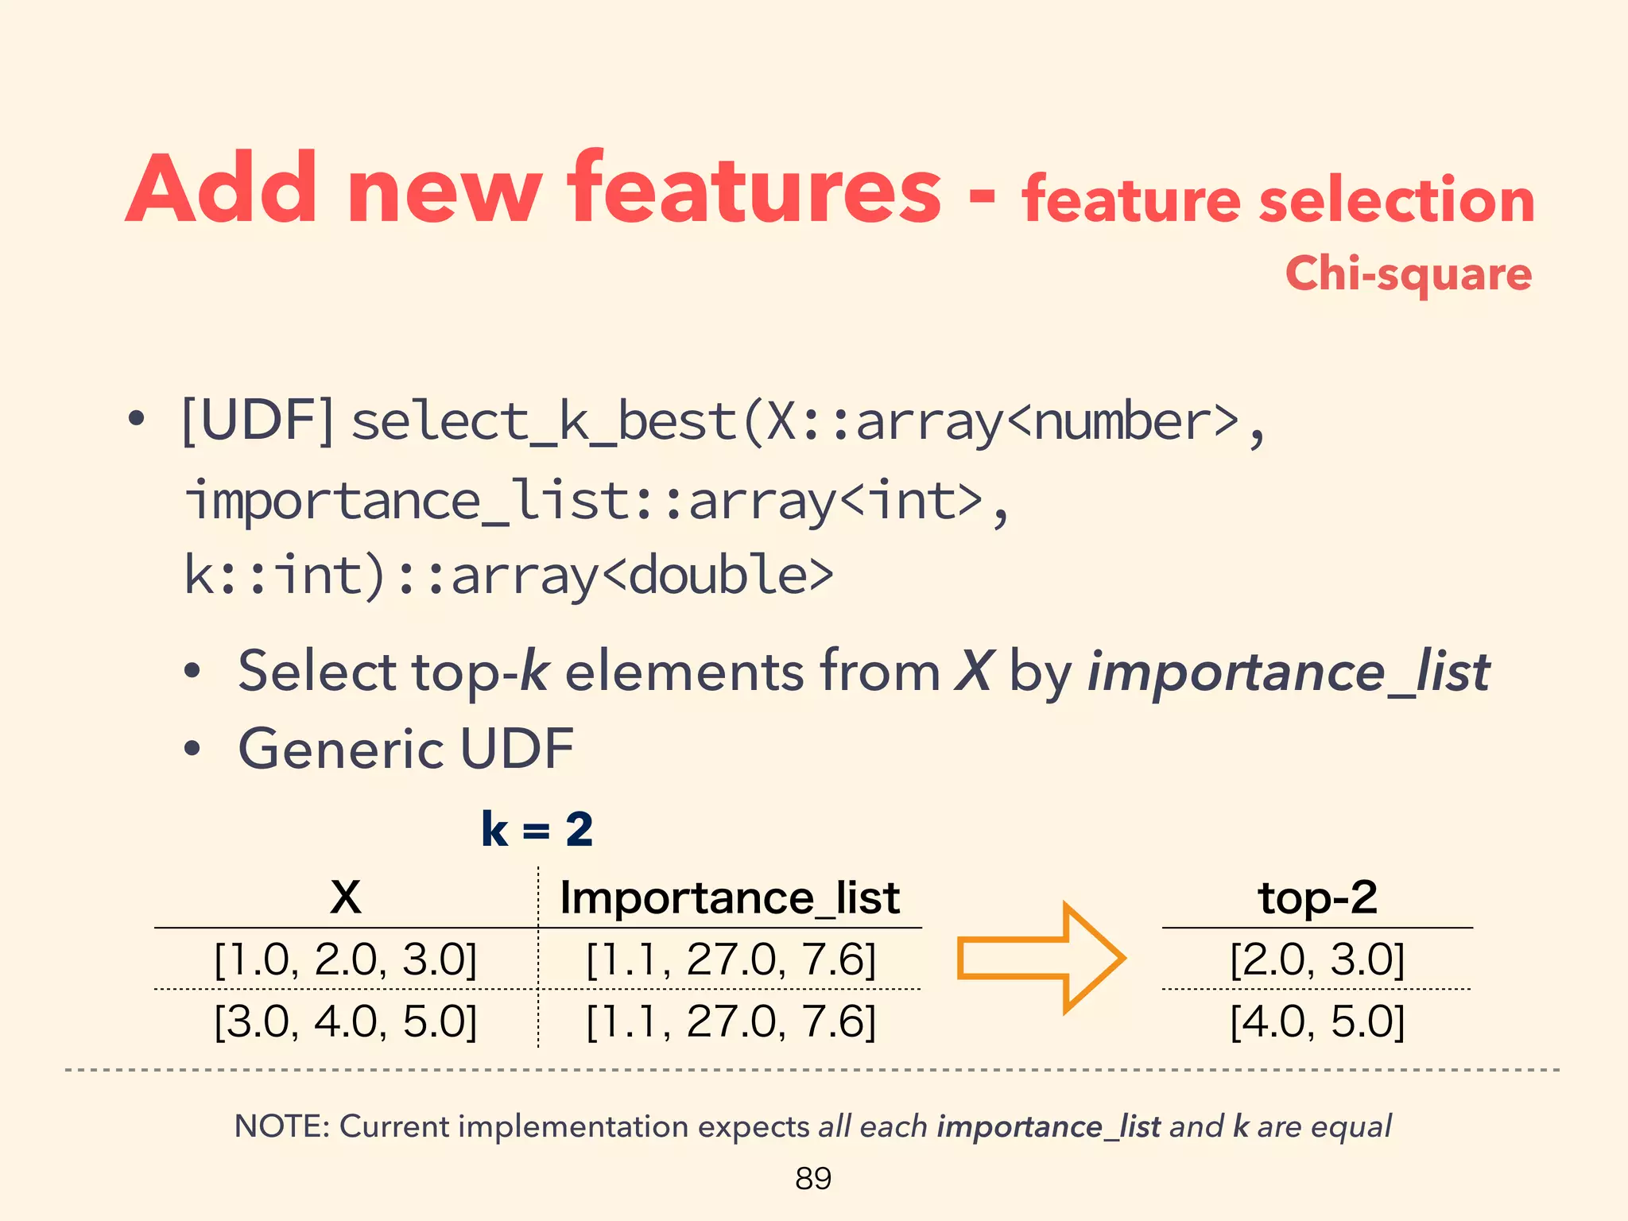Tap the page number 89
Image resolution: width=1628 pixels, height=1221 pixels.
813,1178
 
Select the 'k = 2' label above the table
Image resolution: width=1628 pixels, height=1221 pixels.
537,830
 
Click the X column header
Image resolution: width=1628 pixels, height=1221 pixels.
345,897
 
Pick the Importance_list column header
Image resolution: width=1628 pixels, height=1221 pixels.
730,898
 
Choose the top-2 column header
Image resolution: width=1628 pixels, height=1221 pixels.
1317,897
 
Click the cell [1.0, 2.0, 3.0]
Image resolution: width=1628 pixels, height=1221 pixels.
346,959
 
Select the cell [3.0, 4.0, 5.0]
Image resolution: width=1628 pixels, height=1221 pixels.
346,1021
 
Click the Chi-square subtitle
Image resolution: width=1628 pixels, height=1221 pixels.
1408,274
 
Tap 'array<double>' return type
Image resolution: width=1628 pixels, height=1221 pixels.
642,575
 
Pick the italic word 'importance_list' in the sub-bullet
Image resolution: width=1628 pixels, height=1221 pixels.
1288,673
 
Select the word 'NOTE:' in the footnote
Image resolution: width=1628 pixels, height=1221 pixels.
281,1126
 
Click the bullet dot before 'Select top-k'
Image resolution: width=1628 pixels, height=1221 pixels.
192,672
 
